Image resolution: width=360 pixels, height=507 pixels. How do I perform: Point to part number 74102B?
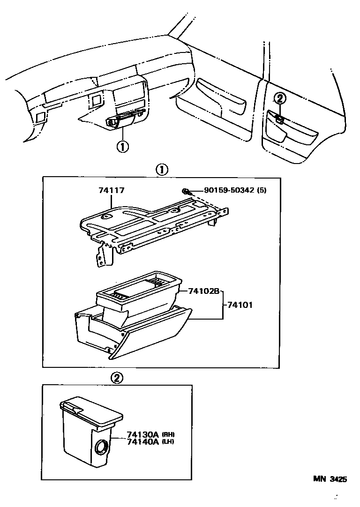point(203,291)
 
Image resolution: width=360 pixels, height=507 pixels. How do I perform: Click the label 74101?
point(240,305)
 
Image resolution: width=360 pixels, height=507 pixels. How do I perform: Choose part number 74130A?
point(142,434)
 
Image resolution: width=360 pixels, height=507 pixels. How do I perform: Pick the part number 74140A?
point(142,441)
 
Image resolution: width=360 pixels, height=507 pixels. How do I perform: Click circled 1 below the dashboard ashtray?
point(122,146)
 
